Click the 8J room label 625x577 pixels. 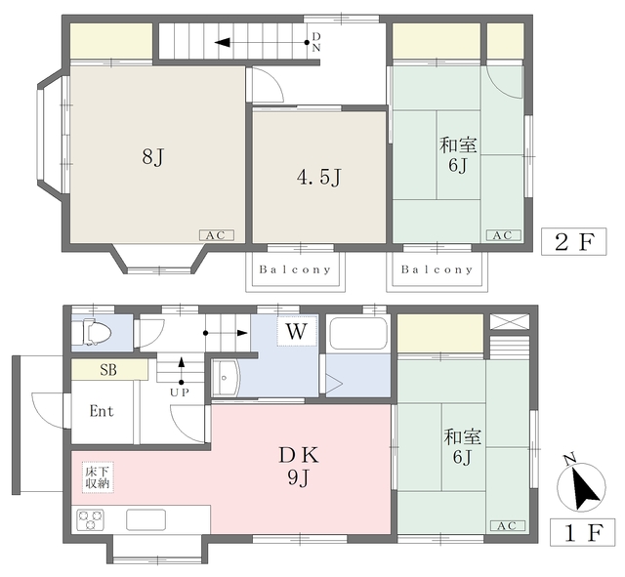click(x=151, y=156)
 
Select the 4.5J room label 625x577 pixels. click(x=318, y=178)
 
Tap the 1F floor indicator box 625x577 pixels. click(x=578, y=534)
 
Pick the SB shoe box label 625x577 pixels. click(x=109, y=371)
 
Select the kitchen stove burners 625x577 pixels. click(x=91, y=519)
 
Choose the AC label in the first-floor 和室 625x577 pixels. click(x=505, y=526)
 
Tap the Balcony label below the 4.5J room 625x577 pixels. click(x=295, y=269)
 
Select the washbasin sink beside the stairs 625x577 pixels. click(x=226, y=378)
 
